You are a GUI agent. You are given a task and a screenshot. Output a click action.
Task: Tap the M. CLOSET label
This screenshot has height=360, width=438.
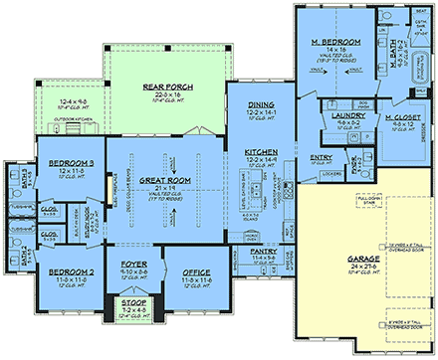click(396, 117)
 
